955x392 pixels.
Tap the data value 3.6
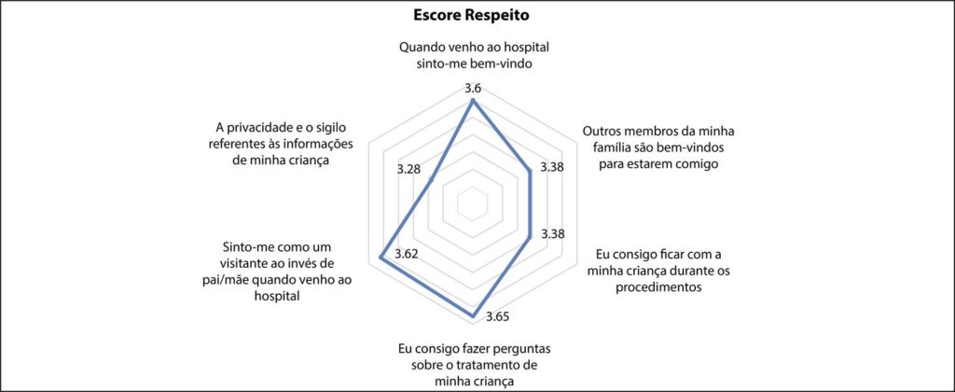473,89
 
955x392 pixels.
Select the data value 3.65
498,316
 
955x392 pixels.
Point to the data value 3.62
407,254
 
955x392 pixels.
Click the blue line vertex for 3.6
473,102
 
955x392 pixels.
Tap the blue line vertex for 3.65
473,315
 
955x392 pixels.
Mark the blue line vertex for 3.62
381,259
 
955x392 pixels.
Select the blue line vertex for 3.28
431,178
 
